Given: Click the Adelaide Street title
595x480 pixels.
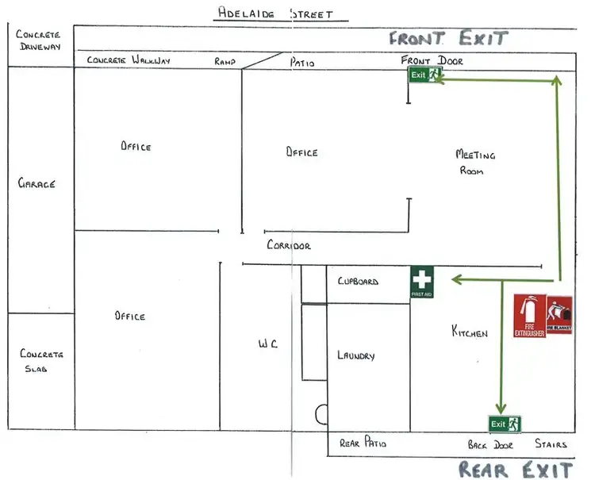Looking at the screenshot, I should coord(274,13).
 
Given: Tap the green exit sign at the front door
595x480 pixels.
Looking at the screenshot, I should coord(424,75).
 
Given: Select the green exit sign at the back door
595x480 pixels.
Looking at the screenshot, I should coord(505,424).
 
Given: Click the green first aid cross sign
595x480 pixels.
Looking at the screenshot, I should coord(422,282).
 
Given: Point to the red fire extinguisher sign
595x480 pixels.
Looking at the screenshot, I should coord(530,317).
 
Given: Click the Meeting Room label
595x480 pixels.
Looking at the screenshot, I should coord(474,162).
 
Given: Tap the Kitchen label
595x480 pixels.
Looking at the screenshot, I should coord(469,332).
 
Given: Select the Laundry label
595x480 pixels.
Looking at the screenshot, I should coord(355,356).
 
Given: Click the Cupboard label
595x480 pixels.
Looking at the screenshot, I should coord(358,282).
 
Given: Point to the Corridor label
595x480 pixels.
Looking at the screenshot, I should coord(289,246).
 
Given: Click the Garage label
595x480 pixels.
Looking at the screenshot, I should coord(36,183).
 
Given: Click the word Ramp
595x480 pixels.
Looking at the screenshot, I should coord(226,60).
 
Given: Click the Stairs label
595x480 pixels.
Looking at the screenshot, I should coord(551,444).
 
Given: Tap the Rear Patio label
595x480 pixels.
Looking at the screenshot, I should coord(363,444).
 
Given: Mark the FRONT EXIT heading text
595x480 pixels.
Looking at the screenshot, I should coord(447,37).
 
